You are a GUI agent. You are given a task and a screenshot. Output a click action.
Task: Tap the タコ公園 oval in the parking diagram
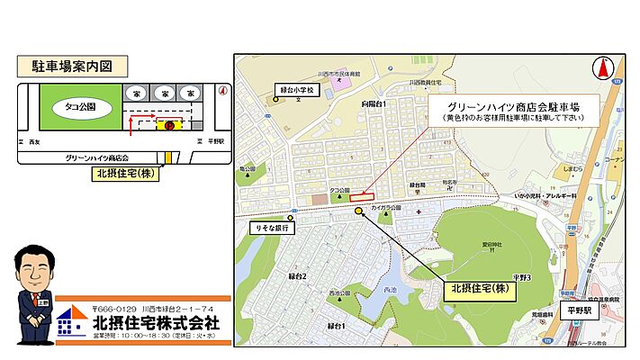pos(80,106)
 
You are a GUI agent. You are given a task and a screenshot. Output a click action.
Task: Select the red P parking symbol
pos(168,125)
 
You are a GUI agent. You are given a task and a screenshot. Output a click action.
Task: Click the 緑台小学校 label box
pos(298,90)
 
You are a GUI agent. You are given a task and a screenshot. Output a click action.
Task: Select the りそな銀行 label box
pos(271,229)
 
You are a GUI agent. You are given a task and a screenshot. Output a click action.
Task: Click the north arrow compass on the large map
pos(600,67)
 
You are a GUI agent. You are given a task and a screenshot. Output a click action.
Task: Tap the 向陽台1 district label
pos(374,104)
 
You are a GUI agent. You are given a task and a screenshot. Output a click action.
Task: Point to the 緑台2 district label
pos(297,275)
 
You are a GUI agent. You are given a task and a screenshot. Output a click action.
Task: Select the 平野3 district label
pos(524,277)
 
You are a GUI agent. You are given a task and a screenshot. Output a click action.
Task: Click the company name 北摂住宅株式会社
pos(156,322)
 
